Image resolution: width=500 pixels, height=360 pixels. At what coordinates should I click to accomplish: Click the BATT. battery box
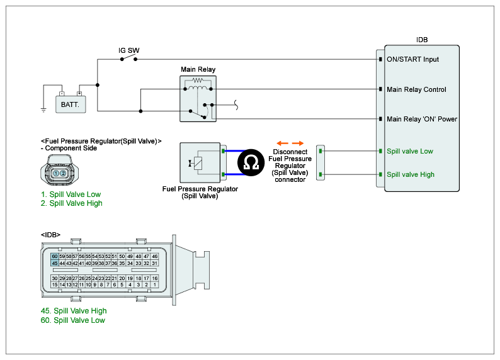click(70, 104)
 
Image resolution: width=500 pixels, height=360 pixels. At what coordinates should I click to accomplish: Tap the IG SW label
click(129, 50)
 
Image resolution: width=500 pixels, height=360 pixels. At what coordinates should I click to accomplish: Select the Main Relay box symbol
click(199, 99)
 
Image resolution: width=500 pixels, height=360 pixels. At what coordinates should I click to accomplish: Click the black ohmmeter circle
click(250, 163)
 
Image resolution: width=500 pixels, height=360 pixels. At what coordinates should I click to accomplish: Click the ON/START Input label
click(412, 59)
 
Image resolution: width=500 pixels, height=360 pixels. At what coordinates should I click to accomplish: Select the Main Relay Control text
click(416, 89)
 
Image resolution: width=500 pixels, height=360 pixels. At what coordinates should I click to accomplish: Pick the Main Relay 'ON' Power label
click(422, 119)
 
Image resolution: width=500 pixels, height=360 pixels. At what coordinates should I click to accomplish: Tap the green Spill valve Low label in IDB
click(410, 151)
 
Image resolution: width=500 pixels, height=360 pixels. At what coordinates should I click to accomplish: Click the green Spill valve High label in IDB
click(411, 174)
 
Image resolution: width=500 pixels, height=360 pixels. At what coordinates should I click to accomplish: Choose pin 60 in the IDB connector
click(55, 256)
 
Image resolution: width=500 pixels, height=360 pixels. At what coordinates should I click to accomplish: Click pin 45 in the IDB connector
click(55, 263)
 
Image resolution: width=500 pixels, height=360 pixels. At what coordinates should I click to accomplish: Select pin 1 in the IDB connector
click(154, 285)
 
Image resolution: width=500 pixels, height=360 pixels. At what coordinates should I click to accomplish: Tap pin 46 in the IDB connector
click(154, 256)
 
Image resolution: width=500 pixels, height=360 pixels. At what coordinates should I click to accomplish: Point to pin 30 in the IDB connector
click(55, 278)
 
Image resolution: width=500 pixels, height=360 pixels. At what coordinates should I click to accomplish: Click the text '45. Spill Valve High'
click(72, 311)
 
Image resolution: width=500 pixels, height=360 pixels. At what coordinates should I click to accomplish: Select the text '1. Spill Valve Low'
click(70, 194)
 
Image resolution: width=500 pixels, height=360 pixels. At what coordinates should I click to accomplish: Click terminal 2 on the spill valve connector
click(64, 173)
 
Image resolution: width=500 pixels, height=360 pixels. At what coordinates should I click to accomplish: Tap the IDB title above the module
click(422, 40)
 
